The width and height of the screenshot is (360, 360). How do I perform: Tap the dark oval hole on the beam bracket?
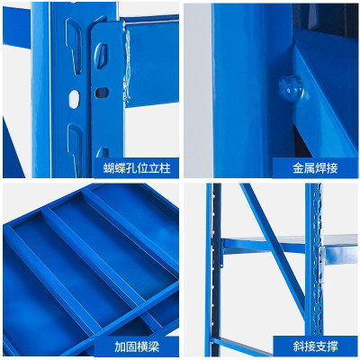point(102,91)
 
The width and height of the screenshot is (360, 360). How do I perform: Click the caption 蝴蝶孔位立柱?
point(134,168)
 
